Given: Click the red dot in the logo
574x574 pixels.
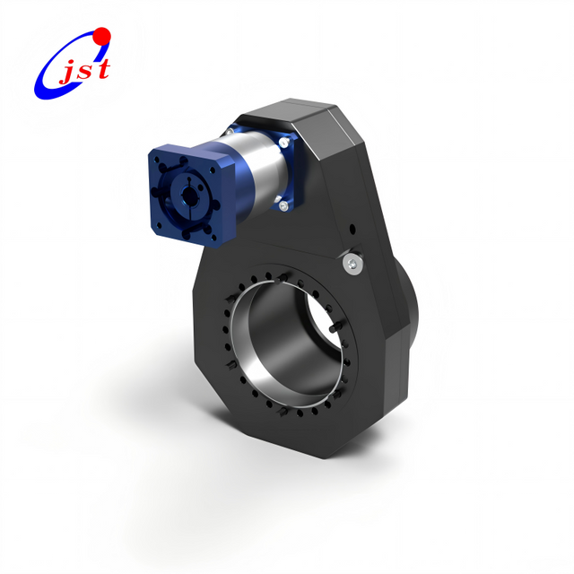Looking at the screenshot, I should click(x=101, y=36).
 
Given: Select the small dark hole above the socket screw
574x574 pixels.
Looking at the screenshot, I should click(x=352, y=227).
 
